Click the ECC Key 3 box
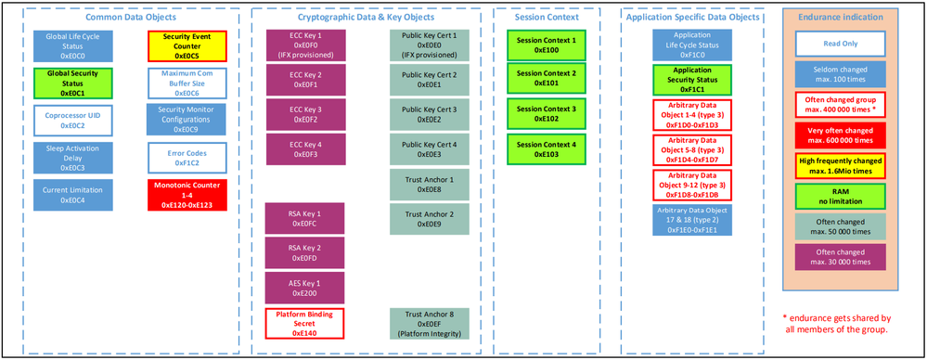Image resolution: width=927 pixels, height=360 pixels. [x=304, y=113]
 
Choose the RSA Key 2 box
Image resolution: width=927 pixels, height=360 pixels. [x=304, y=253]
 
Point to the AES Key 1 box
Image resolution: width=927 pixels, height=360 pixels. [x=304, y=288]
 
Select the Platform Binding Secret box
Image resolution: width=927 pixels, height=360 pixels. [x=304, y=324]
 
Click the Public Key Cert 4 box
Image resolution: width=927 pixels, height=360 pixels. [x=430, y=149]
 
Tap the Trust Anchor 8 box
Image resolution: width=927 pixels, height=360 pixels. [x=430, y=324]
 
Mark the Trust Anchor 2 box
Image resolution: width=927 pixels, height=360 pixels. [x=430, y=219]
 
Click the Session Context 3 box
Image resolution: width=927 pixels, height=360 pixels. [x=547, y=113]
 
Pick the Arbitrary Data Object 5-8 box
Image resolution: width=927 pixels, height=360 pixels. [x=691, y=149]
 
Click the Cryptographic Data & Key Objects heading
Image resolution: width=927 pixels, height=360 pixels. [x=368, y=18]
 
